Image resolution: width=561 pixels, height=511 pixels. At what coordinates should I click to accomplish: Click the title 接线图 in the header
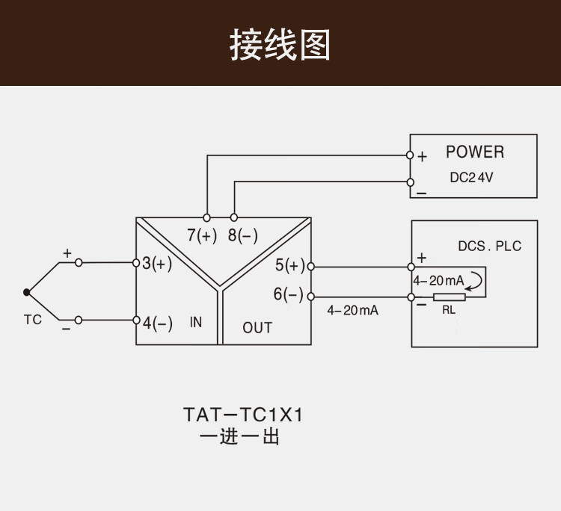pyautogui.click(x=280, y=45)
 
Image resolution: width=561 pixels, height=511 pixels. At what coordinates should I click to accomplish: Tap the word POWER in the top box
pyautogui.click(x=475, y=152)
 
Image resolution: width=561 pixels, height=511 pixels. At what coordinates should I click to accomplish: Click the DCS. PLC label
pyautogui.click(x=490, y=246)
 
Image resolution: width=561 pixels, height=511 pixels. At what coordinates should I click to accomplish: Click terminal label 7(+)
pyautogui.click(x=202, y=235)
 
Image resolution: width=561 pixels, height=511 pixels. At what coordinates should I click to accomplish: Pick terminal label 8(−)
pyautogui.click(x=242, y=235)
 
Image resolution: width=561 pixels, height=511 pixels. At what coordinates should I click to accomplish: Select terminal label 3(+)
pyautogui.click(x=157, y=264)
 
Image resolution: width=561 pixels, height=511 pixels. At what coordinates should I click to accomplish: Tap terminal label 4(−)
pyautogui.click(x=157, y=323)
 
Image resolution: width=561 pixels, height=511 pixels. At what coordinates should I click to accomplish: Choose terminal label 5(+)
pyautogui.click(x=290, y=265)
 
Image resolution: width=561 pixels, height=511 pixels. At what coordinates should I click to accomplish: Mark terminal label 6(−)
pyautogui.click(x=289, y=295)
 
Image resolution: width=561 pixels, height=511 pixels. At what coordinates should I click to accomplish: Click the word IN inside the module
pyautogui.click(x=196, y=323)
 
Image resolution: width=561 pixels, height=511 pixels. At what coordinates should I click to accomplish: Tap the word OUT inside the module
pyautogui.click(x=257, y=327)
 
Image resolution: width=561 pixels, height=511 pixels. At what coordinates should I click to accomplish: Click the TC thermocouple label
pyautogui.click(x=33, y=320)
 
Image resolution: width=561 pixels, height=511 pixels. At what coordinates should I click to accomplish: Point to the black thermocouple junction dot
pyautogui.click(x=27, y=292)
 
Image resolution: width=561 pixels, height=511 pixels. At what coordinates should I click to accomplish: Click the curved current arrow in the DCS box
pyautogui.click(x=477, y=282)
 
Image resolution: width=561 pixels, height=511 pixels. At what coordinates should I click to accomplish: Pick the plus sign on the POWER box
pyautogui.click(x=423, y=157)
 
